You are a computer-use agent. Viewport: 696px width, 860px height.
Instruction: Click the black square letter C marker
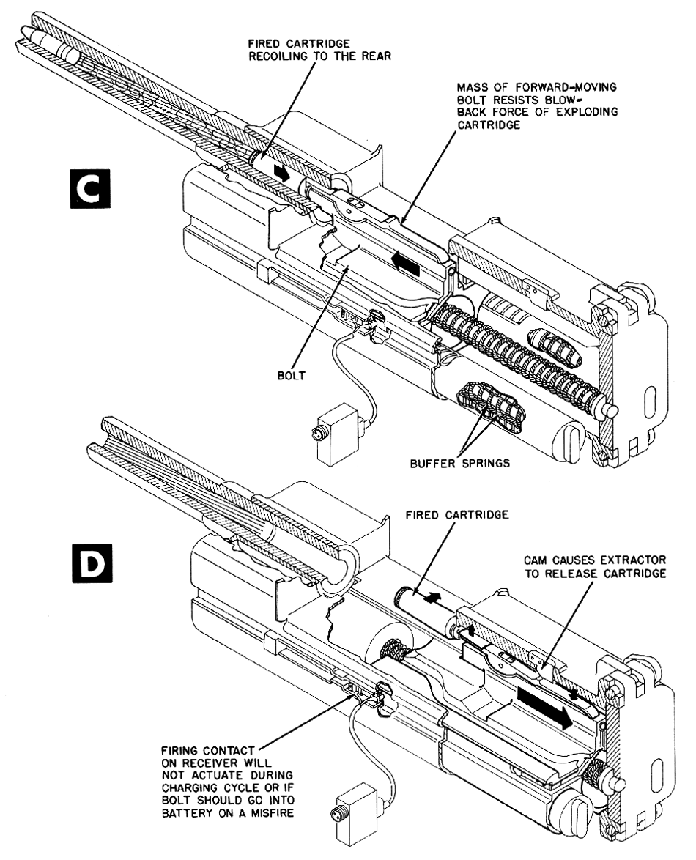(x=90, y=189)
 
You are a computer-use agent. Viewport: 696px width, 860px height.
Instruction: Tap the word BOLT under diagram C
(x=292, y=377)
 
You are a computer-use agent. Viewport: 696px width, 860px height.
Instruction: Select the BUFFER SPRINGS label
(x=459, y=464)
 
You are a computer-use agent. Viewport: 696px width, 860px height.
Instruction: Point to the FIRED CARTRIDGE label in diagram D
(x=457, y=514)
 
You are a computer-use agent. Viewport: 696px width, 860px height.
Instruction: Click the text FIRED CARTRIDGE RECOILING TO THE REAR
(x=319, y=49)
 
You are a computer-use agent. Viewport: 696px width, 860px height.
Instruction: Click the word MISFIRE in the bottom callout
(x=266, y=813)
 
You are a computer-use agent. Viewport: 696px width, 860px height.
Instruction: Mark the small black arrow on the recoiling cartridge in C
(x=283, y=173)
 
